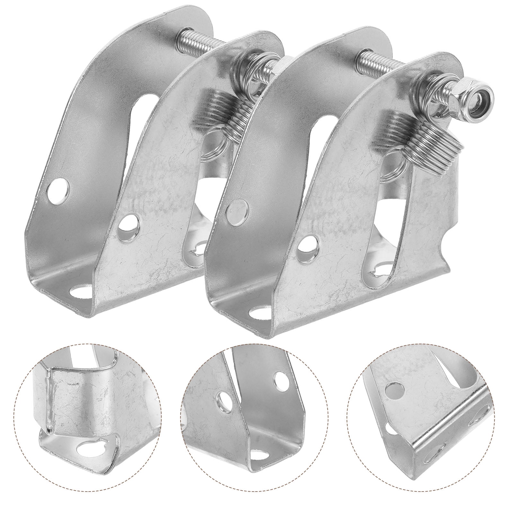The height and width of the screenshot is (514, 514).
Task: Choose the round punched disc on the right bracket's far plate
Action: click(x=238, y=207)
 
